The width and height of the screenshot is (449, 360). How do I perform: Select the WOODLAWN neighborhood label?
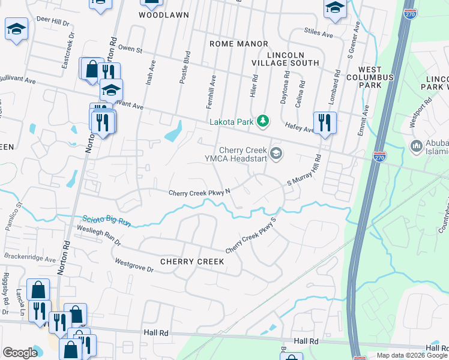point(164,14)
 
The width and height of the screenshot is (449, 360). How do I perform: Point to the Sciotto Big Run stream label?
point(106,220)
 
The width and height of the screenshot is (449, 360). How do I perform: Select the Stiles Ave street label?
point(318,34)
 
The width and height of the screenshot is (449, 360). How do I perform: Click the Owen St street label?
point(130,49)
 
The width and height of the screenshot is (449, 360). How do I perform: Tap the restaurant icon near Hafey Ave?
point(325,122)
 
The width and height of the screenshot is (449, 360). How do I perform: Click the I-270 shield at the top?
point(410,14)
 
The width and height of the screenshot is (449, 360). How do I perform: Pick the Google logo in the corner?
point(20,353)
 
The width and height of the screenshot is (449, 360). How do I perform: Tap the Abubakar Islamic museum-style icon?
point(417,146)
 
